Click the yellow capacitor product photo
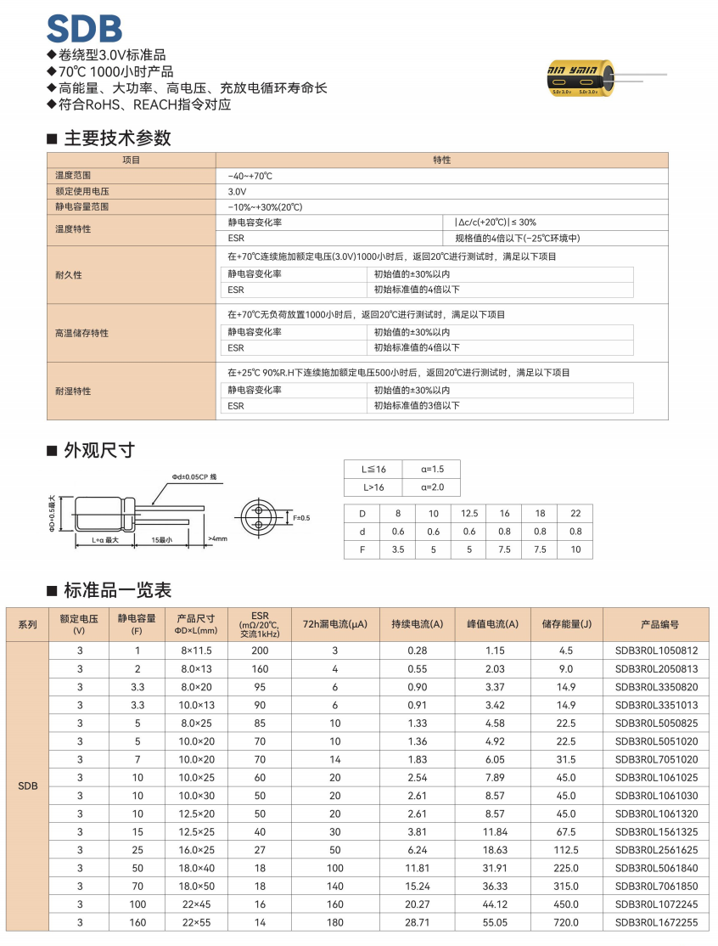point(586,79)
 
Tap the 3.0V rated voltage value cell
point(238,191)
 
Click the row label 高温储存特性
point(82,333)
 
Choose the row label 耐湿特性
point(73,391)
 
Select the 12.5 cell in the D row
point(469,514)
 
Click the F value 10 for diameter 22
point(575,549)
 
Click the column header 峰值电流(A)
point(492,624)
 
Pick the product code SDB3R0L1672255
point(656,922)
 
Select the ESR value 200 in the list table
point(260,650)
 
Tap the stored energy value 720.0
point(566,922)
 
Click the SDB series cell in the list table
point(28,786)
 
